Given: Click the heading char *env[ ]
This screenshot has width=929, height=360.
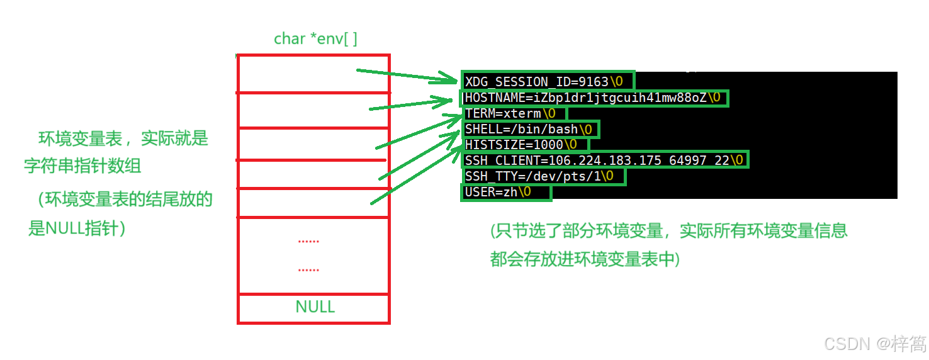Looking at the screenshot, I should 315,39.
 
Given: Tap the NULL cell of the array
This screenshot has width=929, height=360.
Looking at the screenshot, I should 315,307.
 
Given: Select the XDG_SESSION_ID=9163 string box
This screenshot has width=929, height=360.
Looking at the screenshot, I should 548,82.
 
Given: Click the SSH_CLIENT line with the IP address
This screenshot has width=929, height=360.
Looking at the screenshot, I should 604,160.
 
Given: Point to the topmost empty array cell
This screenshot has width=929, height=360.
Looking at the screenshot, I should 313,74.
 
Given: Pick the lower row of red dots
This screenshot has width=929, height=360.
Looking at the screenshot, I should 308,270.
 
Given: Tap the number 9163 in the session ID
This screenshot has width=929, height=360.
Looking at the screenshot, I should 594,82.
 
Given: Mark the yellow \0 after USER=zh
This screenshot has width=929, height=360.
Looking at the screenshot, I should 525,192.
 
